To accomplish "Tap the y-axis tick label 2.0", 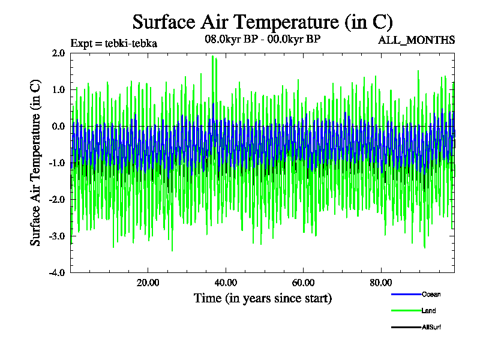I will coord(58,53).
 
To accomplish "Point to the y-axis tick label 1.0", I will coord(58,89).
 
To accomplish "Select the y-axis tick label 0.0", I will coord(58,126).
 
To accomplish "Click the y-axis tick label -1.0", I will coord(56,163).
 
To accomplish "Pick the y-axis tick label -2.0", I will coord(56,199).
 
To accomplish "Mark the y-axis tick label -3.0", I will coord(56,236).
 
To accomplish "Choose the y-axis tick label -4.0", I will coord(56,272).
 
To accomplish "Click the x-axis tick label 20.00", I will coord(148,283).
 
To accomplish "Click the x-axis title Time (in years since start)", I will coord(263,298).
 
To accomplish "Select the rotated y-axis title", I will coord(36,163).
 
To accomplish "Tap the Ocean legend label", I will coord(431,294).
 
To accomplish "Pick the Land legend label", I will coord(428,311).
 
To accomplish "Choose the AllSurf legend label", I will coord(431,327).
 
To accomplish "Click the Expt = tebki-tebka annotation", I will coord(114,43).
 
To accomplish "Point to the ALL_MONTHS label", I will coord(416,40).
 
